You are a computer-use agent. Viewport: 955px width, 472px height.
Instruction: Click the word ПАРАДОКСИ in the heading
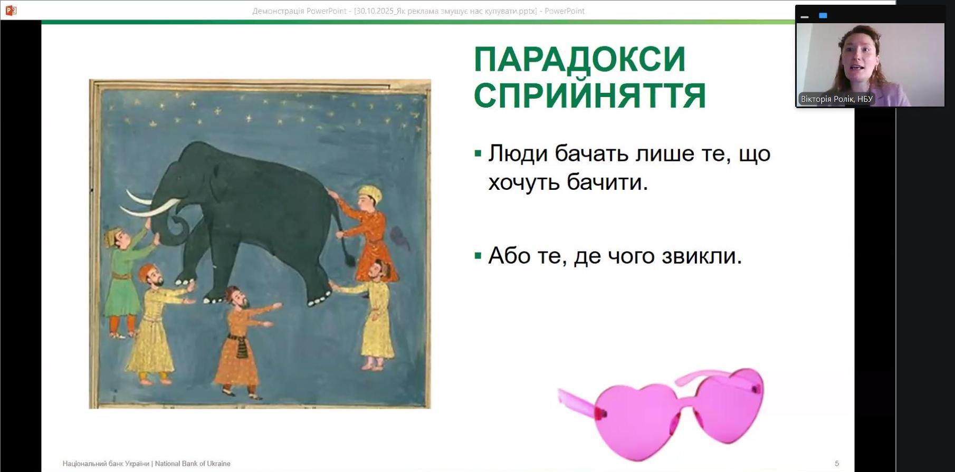tap(579, 60)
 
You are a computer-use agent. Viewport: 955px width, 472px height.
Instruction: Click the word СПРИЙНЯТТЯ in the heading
tap(589, 95)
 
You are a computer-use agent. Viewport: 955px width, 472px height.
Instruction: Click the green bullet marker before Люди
tap(478, 154)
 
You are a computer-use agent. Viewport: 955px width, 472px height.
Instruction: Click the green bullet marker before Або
tap(478, 256)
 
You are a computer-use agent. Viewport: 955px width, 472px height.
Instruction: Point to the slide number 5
tap(837, 464)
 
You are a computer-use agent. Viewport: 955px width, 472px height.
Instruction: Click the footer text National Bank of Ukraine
tap(193, 464)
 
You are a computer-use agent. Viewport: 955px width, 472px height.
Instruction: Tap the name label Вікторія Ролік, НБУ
tap(837, 99)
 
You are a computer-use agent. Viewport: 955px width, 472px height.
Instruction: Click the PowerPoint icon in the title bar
tap(11, 10)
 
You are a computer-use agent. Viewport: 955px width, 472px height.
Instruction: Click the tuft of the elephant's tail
tap(349, 258)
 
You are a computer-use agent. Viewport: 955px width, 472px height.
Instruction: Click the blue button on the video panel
tap(823, 16)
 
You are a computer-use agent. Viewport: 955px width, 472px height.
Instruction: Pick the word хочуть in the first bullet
tap(524, 182)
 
